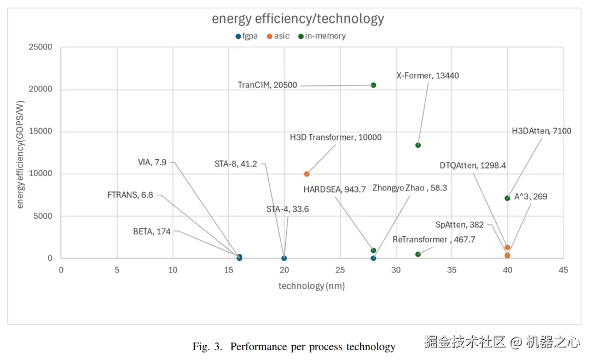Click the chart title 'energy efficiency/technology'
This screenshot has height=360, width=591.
coord(298,19)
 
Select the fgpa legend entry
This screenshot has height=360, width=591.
coord(246,36)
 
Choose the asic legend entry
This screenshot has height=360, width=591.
coord(278,36)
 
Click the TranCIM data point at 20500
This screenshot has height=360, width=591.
coord(373,85)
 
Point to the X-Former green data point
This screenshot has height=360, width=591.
coord(418,145)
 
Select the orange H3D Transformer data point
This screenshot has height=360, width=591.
coord(306,174)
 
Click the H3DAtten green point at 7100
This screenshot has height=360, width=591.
coord(507,198)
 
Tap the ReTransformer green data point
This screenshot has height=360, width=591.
coord(418,254)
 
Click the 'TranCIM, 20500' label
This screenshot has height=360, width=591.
coord(267,85)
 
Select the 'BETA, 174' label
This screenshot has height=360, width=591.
coord(152,231)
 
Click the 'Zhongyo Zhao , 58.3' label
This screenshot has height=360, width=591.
coord(409,188)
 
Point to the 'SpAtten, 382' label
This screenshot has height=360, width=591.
coord(459,224)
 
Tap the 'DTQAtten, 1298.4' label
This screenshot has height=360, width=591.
coord(473,165)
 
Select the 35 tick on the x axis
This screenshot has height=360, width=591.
coord(451,270)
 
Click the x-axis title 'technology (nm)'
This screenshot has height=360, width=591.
coord(311,286)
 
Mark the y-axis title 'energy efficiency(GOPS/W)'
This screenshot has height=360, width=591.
coord(21,153)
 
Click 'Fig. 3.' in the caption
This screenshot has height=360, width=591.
coord(207,346)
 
